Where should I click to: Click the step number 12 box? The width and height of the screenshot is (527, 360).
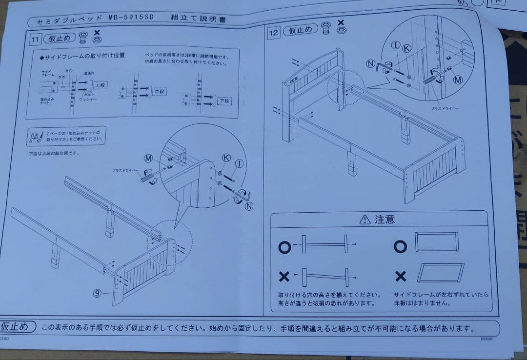pos(274,33)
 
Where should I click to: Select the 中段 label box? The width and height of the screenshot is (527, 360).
pos(160,92)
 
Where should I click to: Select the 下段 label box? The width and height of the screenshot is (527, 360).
pos(225,101)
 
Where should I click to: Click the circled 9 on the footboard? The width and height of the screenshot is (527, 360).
pos(97,293)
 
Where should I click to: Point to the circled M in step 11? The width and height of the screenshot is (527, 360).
pos(149,158)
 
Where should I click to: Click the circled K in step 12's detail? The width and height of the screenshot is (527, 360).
pos(406,48)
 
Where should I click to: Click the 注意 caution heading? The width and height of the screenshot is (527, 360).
pos(385,220)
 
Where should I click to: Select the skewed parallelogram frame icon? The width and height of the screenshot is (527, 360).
pos(440,272)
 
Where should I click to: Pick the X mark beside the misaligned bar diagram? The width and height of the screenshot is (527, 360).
pos(284,277)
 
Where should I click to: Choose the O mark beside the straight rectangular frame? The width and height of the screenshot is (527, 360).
pos(400,247)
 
